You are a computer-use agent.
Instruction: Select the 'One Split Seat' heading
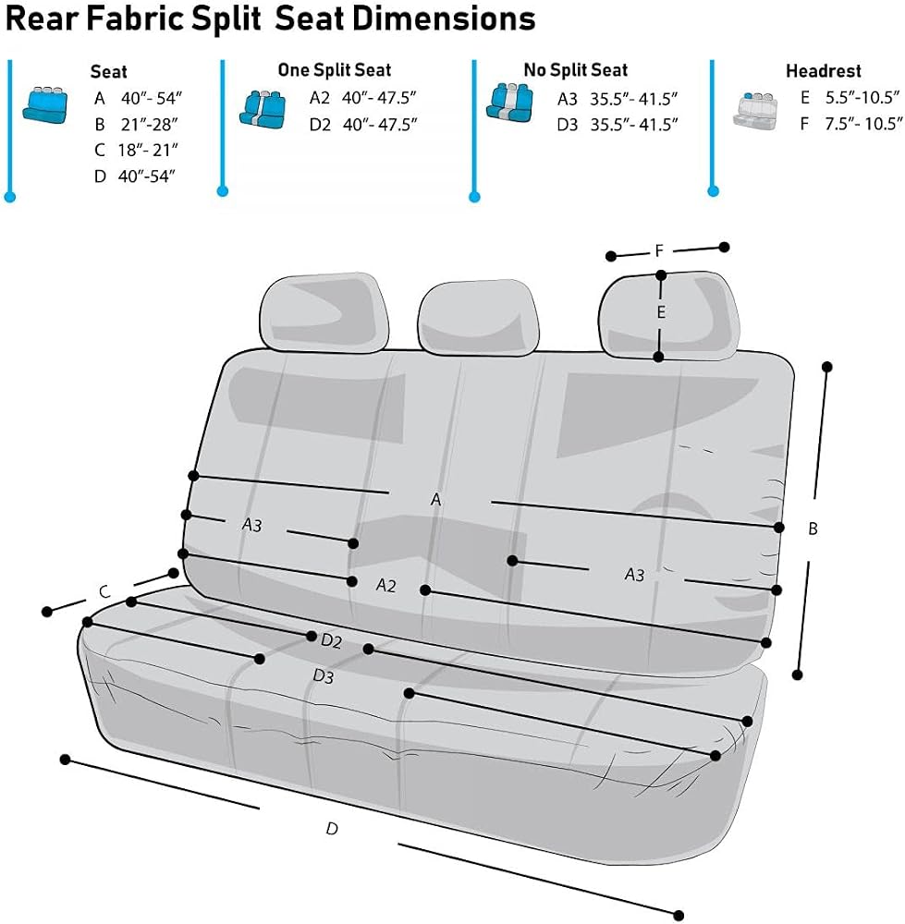335,70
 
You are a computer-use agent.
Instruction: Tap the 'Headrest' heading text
823,71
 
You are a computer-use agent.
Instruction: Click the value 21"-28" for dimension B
149,125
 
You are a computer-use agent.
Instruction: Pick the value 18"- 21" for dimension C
147,151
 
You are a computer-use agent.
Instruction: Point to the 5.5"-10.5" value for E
862,97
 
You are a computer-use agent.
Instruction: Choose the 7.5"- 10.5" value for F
863,123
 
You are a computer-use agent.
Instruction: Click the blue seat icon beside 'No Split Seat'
509,103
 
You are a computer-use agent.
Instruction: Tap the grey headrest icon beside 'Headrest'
754,110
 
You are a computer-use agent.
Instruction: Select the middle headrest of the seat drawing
478,317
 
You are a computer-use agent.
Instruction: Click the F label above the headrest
659,251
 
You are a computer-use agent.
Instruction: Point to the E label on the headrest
661,312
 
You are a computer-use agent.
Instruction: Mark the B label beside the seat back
813,529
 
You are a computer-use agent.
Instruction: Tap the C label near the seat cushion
104,591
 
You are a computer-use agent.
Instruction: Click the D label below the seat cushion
332,829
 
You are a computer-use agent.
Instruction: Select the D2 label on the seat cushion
331,640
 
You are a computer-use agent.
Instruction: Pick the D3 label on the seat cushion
324,676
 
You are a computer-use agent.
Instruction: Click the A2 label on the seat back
386,585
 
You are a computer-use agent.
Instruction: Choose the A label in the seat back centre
435,500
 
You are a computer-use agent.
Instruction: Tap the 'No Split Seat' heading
575,70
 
